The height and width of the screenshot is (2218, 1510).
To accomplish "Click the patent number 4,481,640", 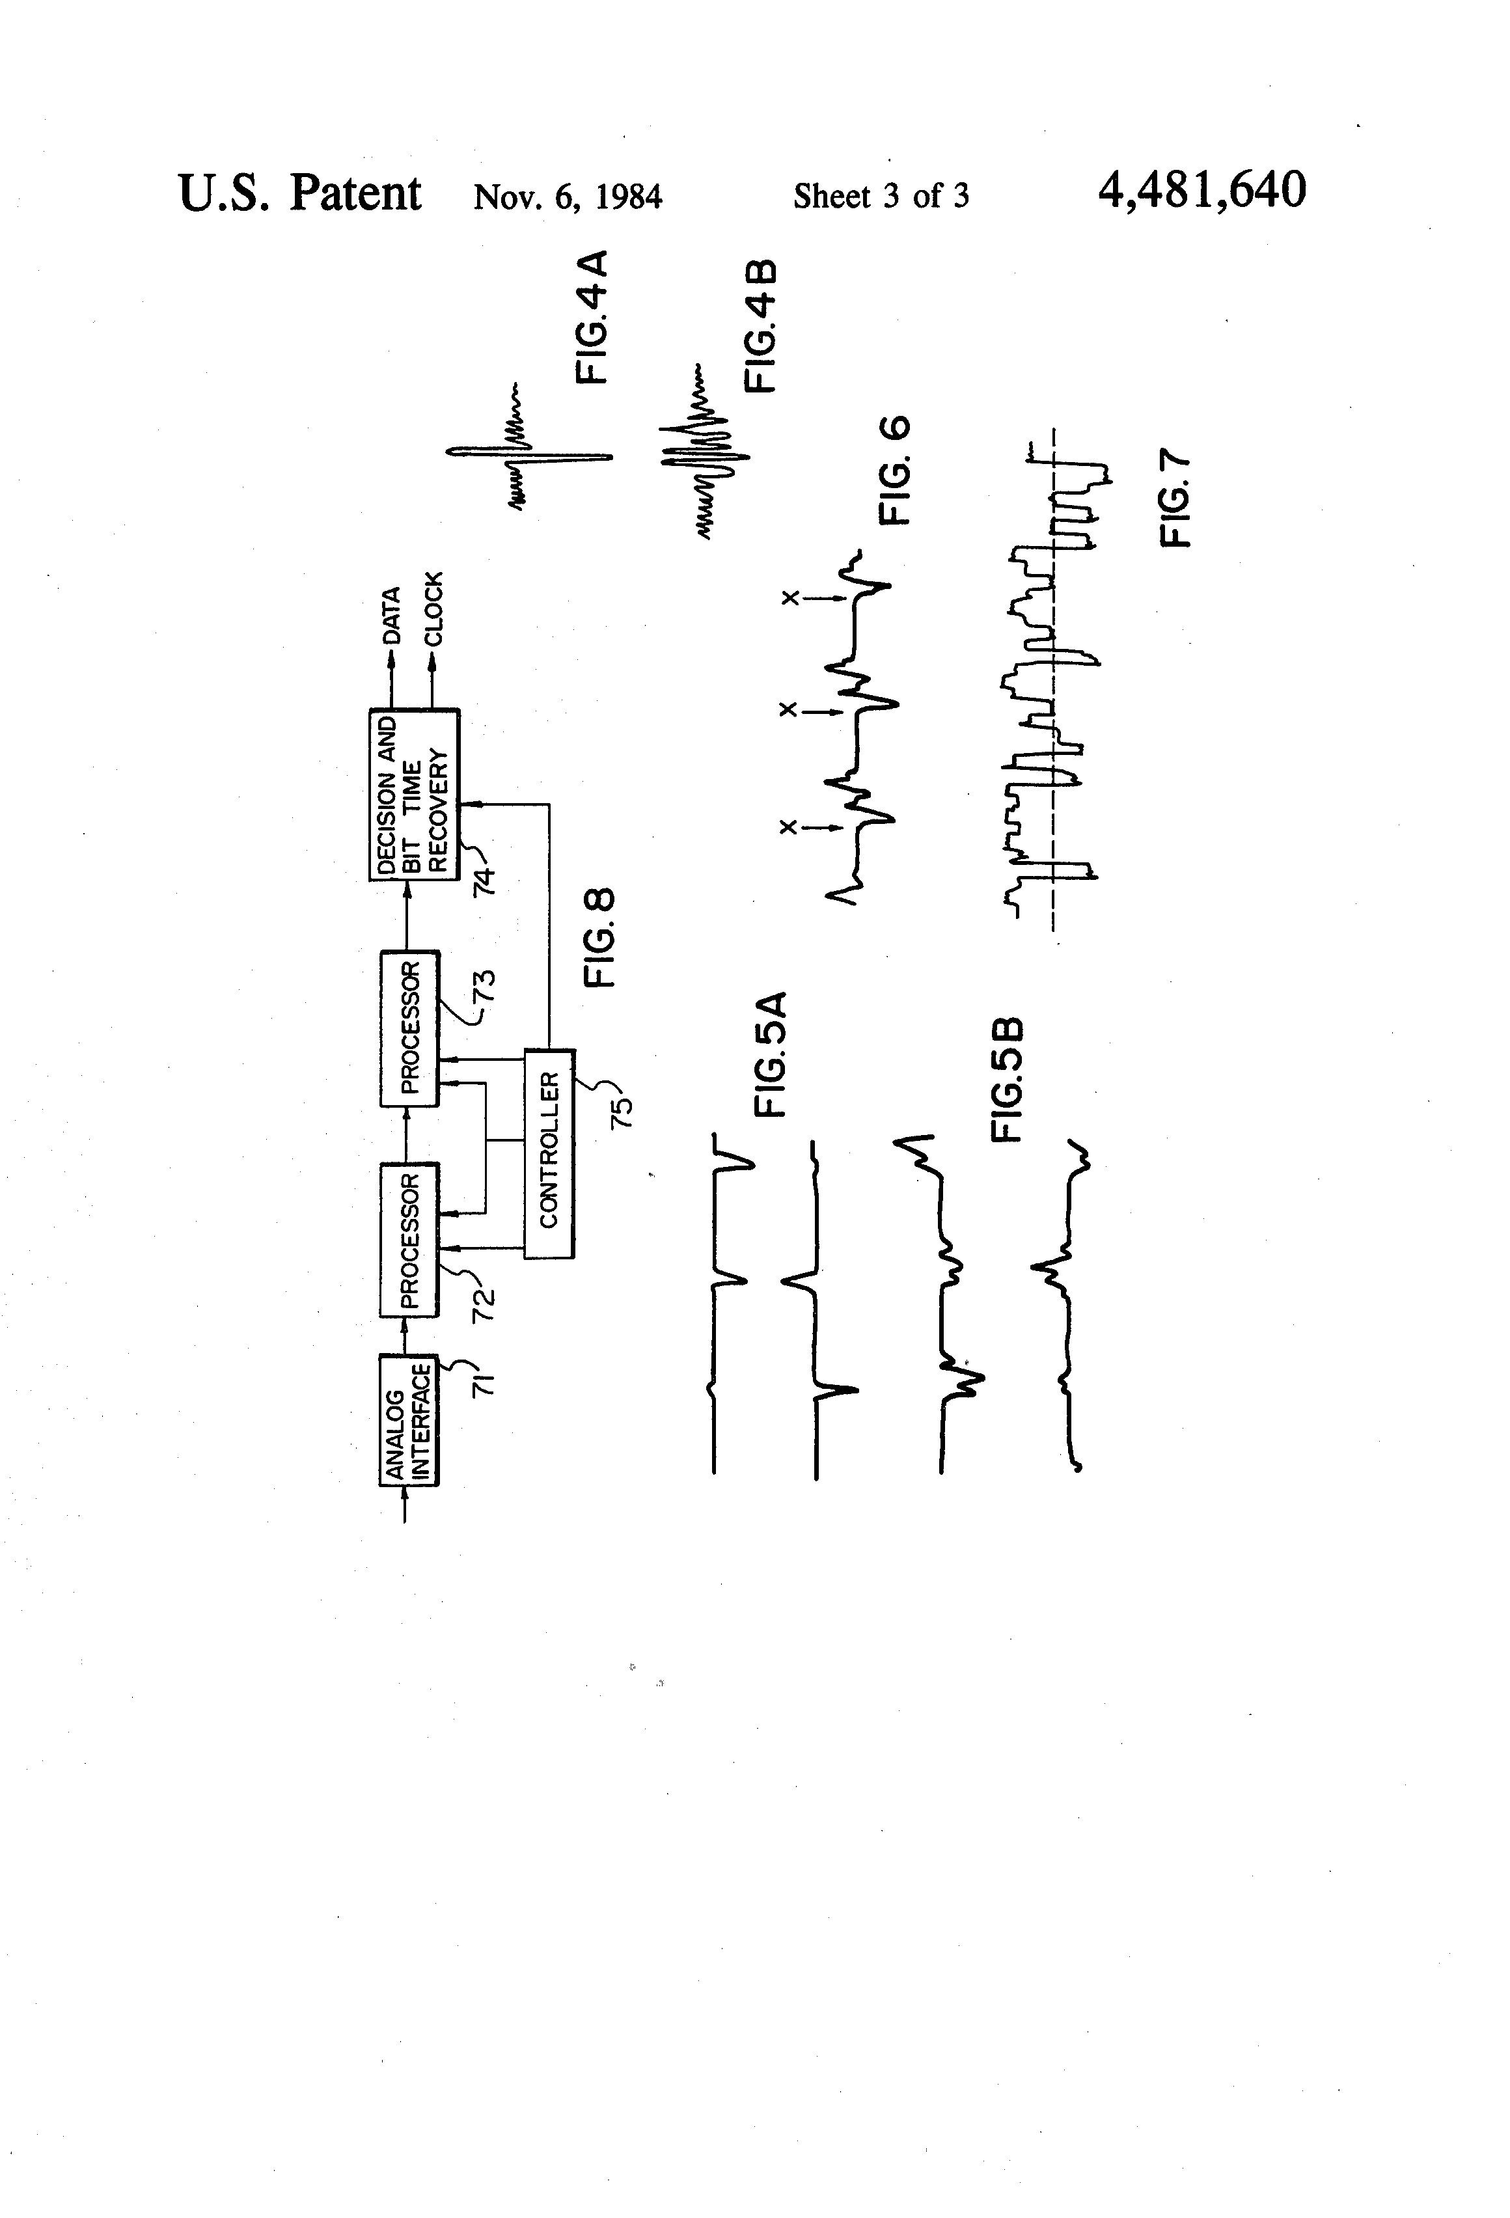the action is [x=1201, y=191].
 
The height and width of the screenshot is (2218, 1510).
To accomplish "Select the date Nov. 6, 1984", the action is [x=568, y=197].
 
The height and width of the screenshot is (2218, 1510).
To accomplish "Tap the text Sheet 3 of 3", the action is [x=881, y=197].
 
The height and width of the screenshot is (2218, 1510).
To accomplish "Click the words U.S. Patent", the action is [x=299, y=194].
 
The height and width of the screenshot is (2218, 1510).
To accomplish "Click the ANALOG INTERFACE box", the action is [x=409, y=1420].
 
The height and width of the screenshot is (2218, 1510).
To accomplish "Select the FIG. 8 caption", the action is [x=599, y=938].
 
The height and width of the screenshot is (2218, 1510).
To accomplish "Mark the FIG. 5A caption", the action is [x=769, y=1054].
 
